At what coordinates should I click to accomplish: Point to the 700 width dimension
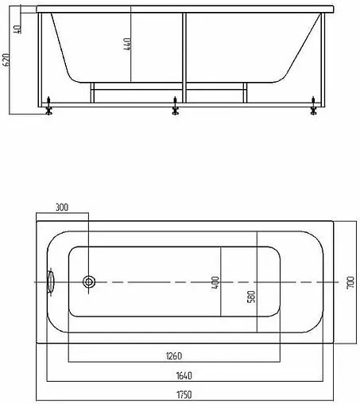(350, 282)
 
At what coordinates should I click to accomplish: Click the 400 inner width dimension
(215, 282)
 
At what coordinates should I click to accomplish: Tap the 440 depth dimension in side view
(127, 45)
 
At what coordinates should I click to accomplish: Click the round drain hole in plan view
(90, 282)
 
